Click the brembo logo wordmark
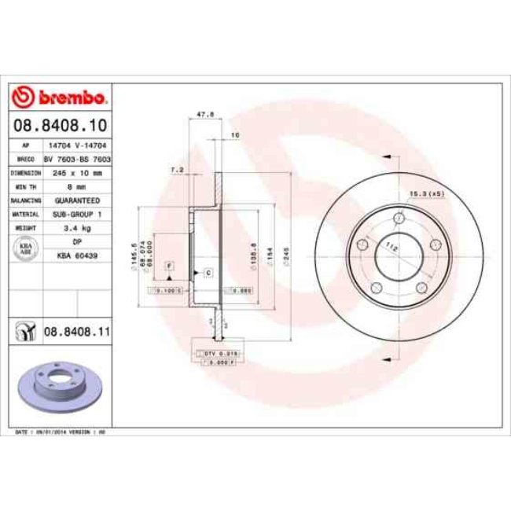point(60,97)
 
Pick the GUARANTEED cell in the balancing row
point(77,200)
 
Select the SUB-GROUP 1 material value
point(77,214)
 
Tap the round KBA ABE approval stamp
point(24,249)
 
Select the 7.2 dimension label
point(177,169)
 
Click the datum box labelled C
point(208,272)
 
